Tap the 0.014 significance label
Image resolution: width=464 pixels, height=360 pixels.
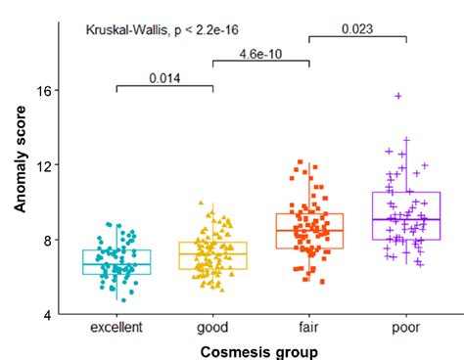164,77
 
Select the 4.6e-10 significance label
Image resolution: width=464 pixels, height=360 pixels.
260,53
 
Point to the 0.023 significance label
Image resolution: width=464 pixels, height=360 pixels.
357,28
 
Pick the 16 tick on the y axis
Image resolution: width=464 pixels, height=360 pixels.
42,90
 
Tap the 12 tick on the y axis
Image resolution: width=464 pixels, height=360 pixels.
42,164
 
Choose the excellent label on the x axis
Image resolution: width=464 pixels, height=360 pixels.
116,328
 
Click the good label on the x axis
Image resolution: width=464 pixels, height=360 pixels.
212,328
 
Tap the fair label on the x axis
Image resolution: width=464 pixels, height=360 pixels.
309,328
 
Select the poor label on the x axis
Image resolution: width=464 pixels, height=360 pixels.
405,328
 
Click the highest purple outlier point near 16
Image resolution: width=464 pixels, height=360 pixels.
398,96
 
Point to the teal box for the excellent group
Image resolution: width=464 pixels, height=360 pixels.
116,262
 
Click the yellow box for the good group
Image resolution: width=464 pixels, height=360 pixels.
212,255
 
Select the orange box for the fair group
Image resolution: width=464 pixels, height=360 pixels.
309,231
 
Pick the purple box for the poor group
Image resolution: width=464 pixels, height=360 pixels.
405,215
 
